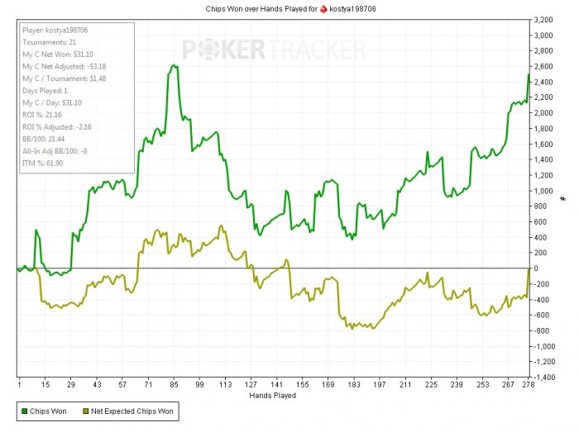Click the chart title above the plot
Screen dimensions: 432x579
pos(289,8)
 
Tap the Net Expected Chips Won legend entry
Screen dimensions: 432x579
pos(129,411)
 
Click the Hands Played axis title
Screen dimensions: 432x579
pos(272,396)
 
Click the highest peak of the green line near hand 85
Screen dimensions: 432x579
pos(175,64)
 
